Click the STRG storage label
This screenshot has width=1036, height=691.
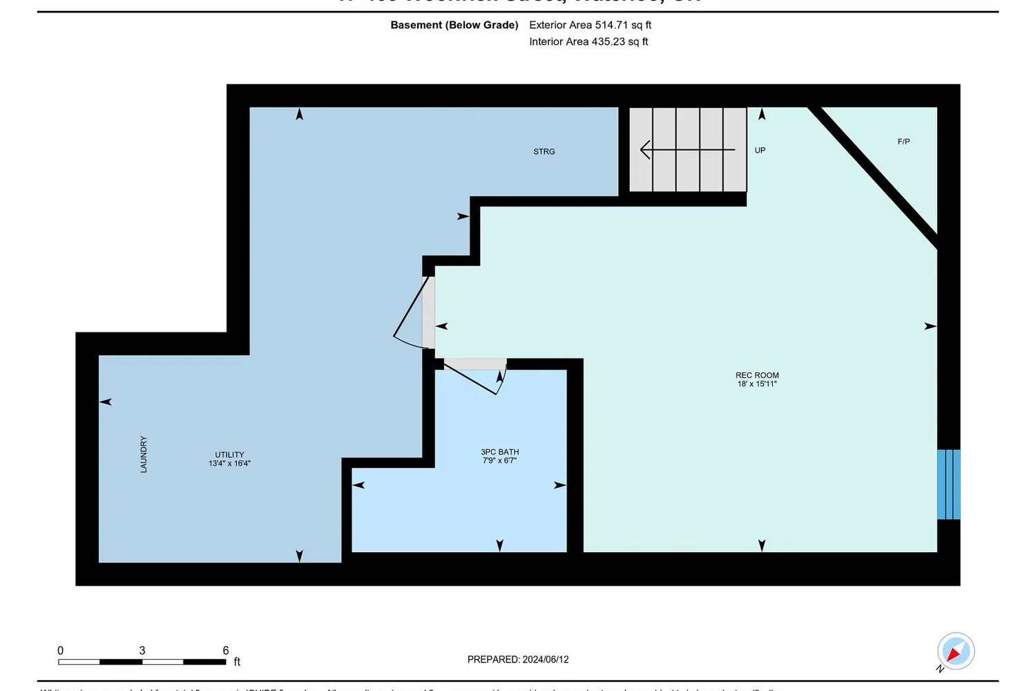(x=544, y=151)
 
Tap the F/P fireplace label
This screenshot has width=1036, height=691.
(x=903, y=142)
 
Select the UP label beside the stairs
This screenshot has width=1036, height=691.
(x=760, y=150)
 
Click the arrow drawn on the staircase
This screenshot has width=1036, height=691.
(x=687, y=149)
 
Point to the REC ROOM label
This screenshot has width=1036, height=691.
(x=757, y=375)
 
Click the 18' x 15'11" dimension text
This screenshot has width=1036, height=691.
(x=757, y=384)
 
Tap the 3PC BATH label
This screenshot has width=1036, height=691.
(x=499, y=452)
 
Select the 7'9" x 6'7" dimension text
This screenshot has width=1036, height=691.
(x=499, y=461)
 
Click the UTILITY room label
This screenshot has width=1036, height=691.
(x=229, y=455)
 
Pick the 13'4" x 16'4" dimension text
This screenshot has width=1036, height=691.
(x=229, y=464)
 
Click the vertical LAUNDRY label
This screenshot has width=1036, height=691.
(x=144, y=454)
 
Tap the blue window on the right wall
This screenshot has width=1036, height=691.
(x=948, y=484)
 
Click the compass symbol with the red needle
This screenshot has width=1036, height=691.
(x=955, y=651)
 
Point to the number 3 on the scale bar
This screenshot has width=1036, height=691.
(x=142, y=650)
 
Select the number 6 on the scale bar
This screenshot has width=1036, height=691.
(x=225, y=650)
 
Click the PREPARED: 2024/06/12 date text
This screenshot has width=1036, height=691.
(x=518, y=660)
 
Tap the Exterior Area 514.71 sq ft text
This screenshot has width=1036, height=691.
(x=590, y=25)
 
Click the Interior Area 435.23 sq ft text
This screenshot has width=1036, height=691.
(x=588, y=41)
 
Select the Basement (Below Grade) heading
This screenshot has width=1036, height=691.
(x=454, y=25)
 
